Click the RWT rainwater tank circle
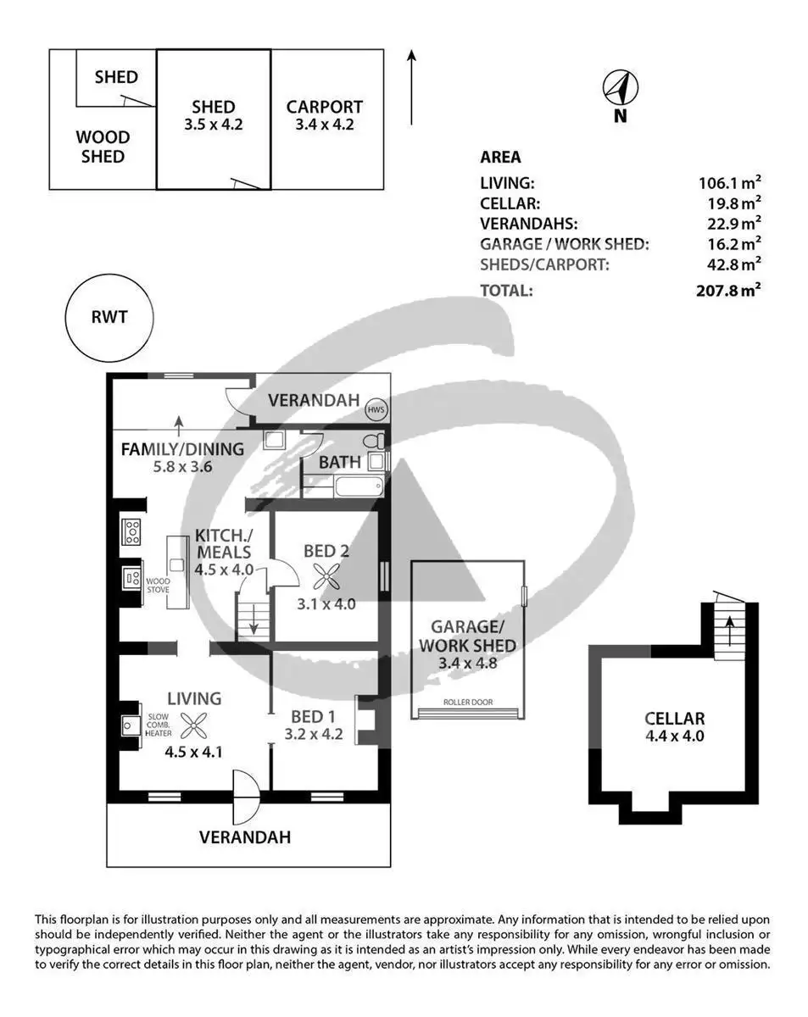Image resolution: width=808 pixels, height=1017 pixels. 109,318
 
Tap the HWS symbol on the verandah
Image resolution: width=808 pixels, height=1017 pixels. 376,409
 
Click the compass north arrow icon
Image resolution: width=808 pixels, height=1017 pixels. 620,88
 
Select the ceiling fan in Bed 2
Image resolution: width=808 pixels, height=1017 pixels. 326,577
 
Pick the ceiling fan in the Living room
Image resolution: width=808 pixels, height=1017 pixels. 194,725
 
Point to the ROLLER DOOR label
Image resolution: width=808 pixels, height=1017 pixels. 468,703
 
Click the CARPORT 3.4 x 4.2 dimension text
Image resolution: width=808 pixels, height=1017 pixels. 325,125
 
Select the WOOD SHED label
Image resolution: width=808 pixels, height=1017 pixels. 103,147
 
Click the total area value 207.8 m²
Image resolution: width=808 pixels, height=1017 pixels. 728,290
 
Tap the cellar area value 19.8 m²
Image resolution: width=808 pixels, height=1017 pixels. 733,203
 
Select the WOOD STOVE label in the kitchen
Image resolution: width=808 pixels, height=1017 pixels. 158,585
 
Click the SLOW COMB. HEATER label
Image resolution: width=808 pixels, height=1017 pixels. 159,725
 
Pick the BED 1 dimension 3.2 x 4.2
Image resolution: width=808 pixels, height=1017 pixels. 314,734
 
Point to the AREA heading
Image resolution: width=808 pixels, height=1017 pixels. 500,157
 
